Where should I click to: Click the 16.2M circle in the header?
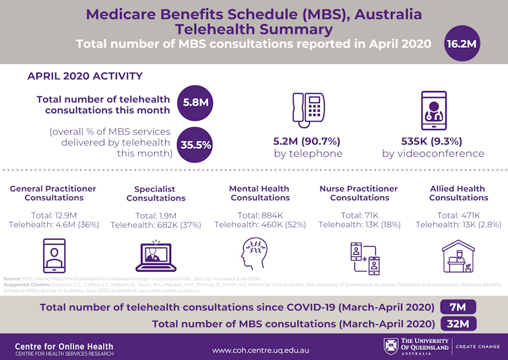coord(462,44)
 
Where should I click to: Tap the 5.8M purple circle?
coord(195,103)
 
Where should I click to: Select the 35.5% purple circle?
coord(195,144)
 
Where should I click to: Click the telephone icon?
coord(309,109)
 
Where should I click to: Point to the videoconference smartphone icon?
coord(433,110)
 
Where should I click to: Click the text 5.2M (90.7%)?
coord(307,142)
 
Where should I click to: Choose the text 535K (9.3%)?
coord(433,142)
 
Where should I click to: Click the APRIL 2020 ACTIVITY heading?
coord(85,76)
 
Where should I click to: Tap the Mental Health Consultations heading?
coord(259,193)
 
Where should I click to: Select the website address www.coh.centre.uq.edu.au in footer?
coord(260,350)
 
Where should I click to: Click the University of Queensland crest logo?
coord(391,347)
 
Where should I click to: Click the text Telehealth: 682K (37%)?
coord(156,224)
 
